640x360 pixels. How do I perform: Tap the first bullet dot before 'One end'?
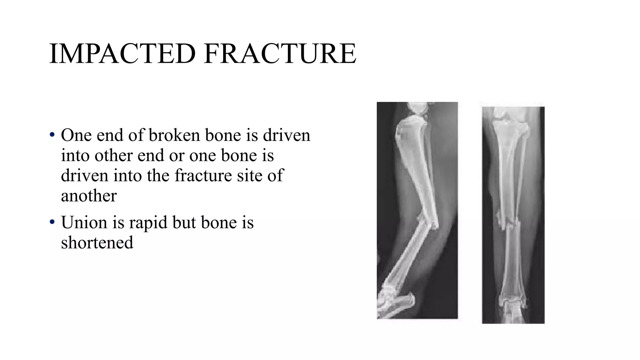pos(52,135)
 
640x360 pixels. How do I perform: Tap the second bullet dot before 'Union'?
pos(52,222)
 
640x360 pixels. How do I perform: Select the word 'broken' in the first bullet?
pos(174,135)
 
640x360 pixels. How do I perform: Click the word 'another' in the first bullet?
pos(89,196)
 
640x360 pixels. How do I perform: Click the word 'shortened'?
pos(97,242)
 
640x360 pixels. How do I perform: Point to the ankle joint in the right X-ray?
pos(512,302)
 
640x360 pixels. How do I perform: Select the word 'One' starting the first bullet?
pos(76,135)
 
